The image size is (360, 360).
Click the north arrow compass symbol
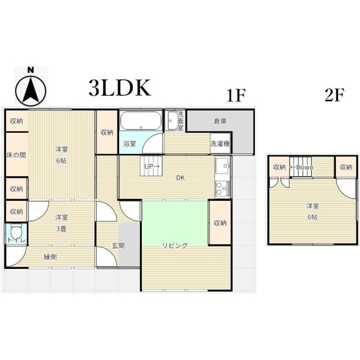click(31, 87)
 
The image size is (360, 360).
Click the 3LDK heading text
click(120, 88)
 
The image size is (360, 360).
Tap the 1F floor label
click(236, 95)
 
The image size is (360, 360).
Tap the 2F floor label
click(334, 95)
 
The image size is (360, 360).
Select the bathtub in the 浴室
click(141, 120)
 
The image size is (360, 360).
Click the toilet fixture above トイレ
click(16, 232)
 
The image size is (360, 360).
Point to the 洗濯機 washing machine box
click(220, 144)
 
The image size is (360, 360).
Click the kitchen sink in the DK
click(222, 166)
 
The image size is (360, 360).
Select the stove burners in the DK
click(222, 188)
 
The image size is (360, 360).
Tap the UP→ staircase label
click(151, 166)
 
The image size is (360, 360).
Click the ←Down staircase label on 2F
click(301, 168)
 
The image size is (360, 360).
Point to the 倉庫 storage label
click(220, 121)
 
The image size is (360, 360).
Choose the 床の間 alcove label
click(16, 155)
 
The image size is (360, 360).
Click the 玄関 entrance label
click(118, 246)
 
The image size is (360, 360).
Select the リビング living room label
click(175, 246)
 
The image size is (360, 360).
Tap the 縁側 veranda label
click(50, 257)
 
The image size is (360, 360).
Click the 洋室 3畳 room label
click(61, 223)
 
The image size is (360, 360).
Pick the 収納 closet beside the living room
click(220, 223)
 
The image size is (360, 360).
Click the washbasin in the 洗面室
click(172, 121)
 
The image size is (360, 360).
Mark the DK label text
click(181, 178)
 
